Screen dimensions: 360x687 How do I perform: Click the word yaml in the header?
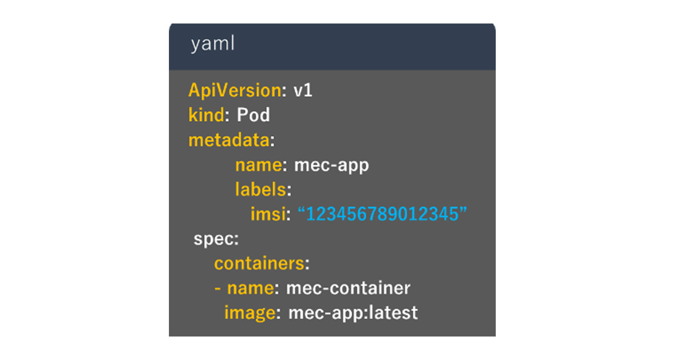pyautogui.click(x=212, y=45)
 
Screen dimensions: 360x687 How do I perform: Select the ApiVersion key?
pyautogui.click(x=234, y=90)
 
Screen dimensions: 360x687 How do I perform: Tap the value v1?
pyautogui.click(x=303, y=90)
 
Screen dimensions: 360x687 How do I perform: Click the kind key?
pyautogui.click(x=205, y=115)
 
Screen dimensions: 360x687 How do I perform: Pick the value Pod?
pyautogui.click(x=254, y=115)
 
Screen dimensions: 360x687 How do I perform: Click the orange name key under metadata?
pyautogui.click(x=258, y=165)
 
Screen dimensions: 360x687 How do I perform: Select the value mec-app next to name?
pyautogui.click(x=331, y=165)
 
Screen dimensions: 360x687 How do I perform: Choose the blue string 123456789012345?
pyautogui.click(x=383, y=214)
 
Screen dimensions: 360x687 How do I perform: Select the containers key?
pyautogui.click(x=259, y=264)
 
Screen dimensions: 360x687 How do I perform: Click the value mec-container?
pyautogui.click(x=348, y=288)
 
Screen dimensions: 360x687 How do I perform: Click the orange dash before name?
pyautogui.click(x=218, y=288)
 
